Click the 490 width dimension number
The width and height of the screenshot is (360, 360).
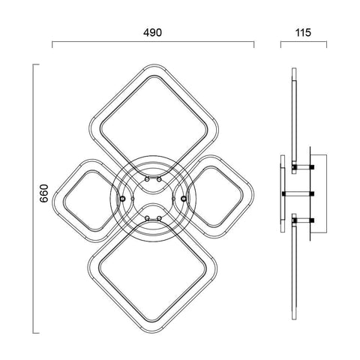click(152, 33)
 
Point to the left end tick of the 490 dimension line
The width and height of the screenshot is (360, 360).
click(52, 46)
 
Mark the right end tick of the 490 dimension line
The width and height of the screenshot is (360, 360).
click(253, 46)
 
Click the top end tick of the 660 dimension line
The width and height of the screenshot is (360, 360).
click(35, 66)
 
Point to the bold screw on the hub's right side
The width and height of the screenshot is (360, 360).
click(184, 197)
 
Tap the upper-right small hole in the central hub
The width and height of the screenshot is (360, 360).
click(160, 180)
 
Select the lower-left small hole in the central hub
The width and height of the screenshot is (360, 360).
click(148, 217)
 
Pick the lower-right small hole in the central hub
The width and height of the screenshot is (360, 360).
click(159, 217)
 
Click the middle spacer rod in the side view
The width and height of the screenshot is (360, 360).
click(298, 194)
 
